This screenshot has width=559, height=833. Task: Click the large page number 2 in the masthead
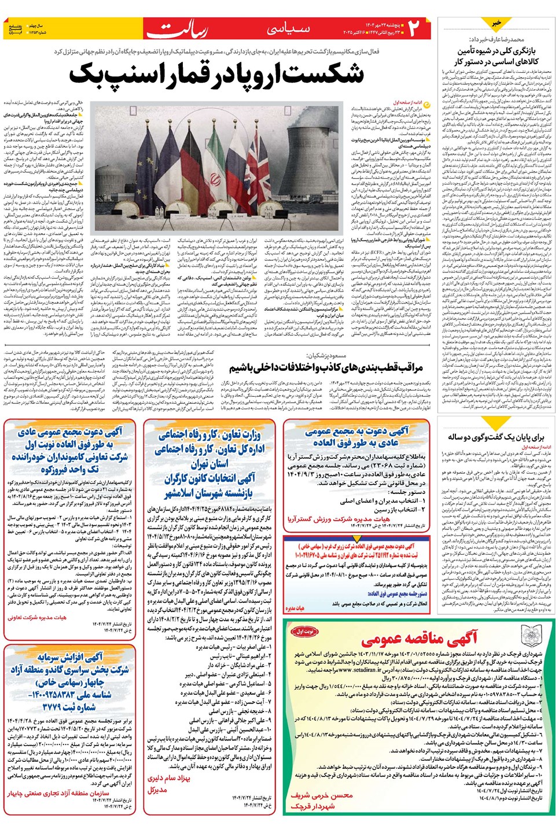(x=413, y=29)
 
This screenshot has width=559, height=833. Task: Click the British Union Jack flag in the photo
(x=259, y=168)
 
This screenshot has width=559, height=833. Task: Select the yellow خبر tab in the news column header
(x=496, y=23)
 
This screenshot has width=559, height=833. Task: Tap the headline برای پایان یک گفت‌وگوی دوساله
(x=495, y=437)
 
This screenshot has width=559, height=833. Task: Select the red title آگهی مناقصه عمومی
(x=419, y=638)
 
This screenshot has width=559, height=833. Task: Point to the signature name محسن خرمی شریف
(x=321, y=796)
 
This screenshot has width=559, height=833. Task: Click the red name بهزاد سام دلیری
(x=168, y=779)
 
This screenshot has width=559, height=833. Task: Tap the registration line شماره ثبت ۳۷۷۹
(x=68, y=707)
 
